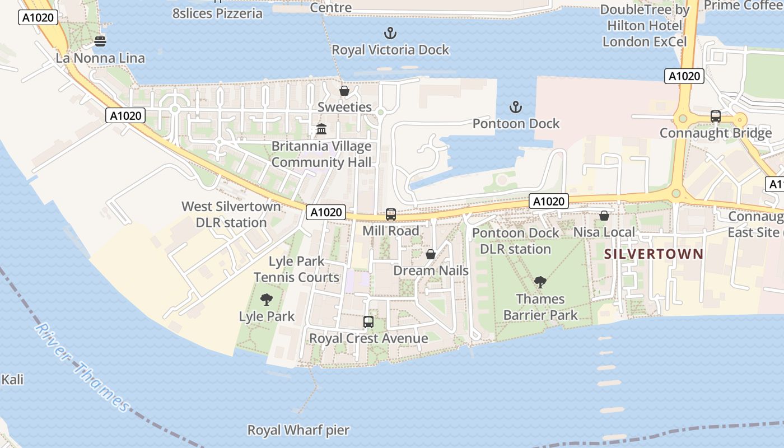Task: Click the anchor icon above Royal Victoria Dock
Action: (x=390, y=32)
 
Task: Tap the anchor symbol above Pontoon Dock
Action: (x=515, y=106)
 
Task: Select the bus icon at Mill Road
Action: (x=391, y=214)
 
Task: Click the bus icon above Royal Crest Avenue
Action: (x=368, y=321)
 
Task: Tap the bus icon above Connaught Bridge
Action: (x=715, y=116)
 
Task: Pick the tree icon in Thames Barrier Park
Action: (x=540, y=282)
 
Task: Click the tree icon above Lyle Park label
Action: (x=267, y=299)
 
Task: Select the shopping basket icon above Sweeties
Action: (x=344, y=90)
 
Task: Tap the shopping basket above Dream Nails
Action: (x=431, y=254)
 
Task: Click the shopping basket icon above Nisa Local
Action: (x=604, y=215)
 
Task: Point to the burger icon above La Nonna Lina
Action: (x=100, y=41)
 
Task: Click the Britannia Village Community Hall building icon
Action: (x=321, y=129)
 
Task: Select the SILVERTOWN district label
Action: (x=654, y=254)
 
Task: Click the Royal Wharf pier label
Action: (x=298, y=430)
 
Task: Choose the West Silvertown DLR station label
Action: (x=231, y=214)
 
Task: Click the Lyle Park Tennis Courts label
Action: (x=296, y=269)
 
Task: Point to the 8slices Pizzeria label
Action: (x=217, y=13)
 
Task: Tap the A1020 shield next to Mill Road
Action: (x=325, y=212)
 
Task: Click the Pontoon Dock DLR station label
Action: (x=516, y=241)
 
